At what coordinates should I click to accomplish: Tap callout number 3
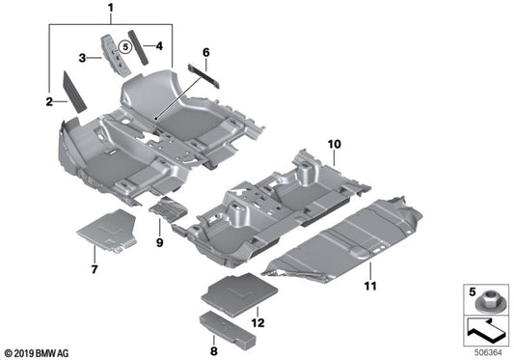pyautogui.click(x=85, y=58)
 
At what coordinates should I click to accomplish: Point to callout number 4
pyautogui.click(x=158, y=44)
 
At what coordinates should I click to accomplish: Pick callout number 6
pyautogui.click(x=205, y=51)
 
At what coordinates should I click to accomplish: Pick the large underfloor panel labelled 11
pyautogui.click(x=357, y=236)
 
